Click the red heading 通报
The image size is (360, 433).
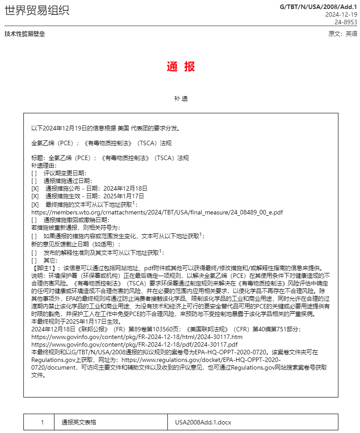181,67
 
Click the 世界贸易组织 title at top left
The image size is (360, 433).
37,10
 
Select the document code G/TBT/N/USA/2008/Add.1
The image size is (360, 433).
318,7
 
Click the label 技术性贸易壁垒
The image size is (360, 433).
25,34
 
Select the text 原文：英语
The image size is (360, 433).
343,34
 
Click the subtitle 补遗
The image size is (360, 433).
181,98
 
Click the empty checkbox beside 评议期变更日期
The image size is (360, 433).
34,173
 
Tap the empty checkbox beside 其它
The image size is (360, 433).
34,260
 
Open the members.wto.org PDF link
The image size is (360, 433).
157,212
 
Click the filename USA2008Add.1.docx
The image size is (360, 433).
203,423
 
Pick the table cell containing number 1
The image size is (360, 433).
42,423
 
